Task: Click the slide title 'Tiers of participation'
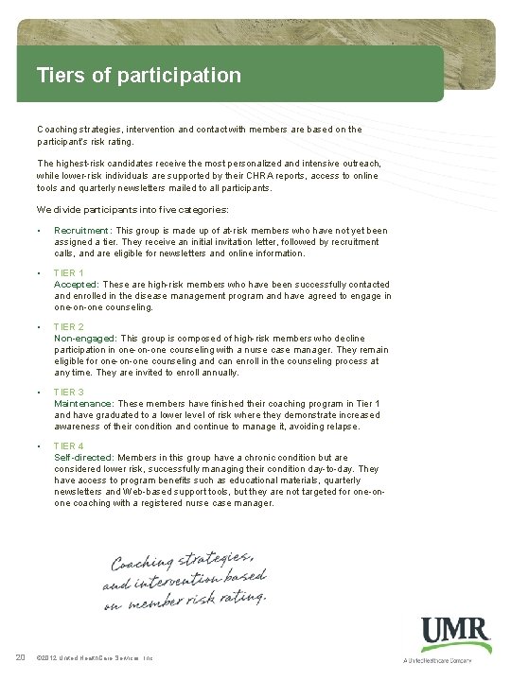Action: (x=138, y=74)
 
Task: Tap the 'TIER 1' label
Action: (x=69, y=273)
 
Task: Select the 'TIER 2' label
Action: (x=69, y=327)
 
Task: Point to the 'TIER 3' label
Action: (x=69, y=392)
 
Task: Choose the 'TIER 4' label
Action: (x=69, y=445)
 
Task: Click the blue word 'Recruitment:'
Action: (x=83, y=231)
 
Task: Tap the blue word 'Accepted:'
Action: (x=77, y=285)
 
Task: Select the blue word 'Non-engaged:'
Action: (x=85, y=339)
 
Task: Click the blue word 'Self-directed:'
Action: (x=84, y=457)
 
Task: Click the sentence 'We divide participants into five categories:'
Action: (x=133, y=209)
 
